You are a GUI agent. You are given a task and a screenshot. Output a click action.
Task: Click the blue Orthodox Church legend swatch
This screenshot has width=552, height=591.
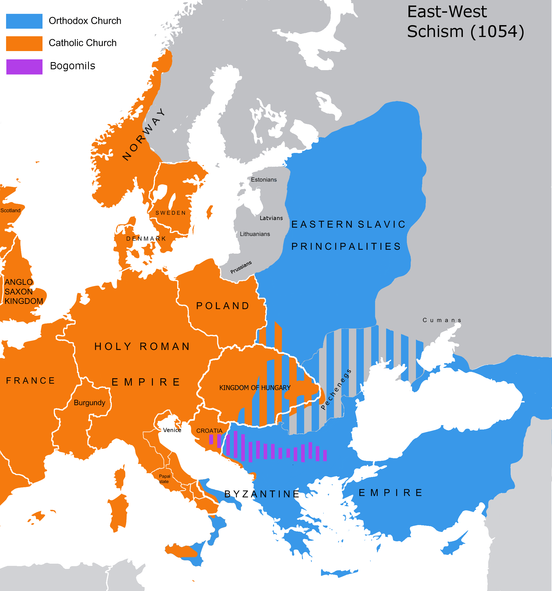[24, 21]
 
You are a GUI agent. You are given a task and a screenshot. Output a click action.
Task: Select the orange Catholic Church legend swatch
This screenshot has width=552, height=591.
[24, 43]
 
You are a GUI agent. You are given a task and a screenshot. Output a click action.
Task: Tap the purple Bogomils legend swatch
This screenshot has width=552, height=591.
[24, 67]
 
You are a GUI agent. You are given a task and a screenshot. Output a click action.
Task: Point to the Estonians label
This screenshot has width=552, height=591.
[264, 179]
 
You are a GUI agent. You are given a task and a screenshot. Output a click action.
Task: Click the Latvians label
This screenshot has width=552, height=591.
[271, 218]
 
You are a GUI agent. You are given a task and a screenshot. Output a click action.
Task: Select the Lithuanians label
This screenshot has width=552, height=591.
[255, 234]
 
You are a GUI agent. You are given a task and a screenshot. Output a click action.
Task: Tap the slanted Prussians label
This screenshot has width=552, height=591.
[241, 267]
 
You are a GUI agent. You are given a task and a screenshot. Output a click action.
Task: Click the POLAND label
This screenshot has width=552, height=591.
[223, 306]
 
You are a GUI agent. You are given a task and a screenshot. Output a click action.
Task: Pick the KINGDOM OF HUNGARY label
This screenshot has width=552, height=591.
[255, 388]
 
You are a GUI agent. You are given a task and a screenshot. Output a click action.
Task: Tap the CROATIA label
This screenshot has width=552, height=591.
[209, 431]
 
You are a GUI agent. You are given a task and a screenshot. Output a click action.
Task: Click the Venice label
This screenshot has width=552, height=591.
[172, 430]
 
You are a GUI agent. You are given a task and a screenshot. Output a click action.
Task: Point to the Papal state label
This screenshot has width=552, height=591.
[164, 479]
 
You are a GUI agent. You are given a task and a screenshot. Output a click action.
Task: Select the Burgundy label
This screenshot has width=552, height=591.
[89, 402]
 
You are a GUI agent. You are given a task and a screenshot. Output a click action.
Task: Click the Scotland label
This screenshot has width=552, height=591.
[10, 210]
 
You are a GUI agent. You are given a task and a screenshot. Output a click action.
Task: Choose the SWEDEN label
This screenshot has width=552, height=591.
[171, 213]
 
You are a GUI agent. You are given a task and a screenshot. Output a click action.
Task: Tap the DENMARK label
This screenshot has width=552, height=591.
[146, 239]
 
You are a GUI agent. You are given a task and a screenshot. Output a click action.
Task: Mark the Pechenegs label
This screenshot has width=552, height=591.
[336, 390]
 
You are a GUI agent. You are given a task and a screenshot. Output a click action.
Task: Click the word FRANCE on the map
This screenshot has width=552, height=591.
[31, 381]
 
